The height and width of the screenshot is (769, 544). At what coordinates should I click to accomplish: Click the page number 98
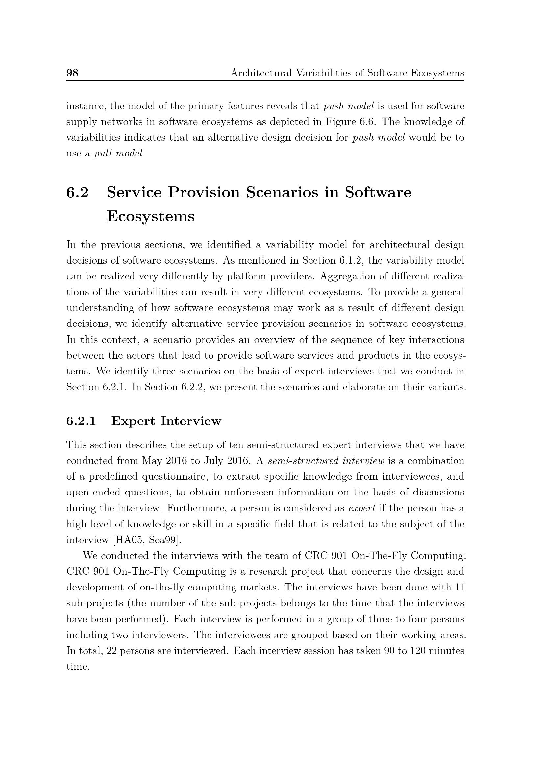tap(72, 73)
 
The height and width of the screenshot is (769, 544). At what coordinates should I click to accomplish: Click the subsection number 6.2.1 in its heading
tap(81, 421)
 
